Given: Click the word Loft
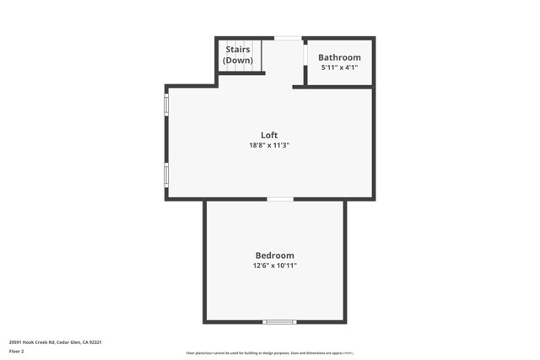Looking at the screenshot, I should click(x=269, y=135).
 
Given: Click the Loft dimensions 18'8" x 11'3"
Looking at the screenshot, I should click(x=269, y=145).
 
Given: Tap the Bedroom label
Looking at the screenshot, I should click(x=275, y=255).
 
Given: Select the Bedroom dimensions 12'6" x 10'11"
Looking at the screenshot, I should click(x=275, y=266).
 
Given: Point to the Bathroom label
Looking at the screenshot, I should click(x=339, y=57).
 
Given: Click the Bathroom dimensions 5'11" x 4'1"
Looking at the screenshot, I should click(x=339, y=67).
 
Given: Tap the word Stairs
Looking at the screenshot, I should click(x=238, y=51).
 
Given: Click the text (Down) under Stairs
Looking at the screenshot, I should click(x=238, y=61).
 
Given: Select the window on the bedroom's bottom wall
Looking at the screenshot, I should click(x=279, y=321).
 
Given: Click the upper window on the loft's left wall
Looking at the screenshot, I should click(x=166, y=105).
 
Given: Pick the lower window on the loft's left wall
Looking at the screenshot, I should click(x=166, y=175).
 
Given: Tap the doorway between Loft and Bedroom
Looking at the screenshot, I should click(x=280, y=199).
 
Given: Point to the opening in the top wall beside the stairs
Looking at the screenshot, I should click(x=288, y=38).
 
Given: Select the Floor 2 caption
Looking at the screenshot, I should click(x=17, y=352).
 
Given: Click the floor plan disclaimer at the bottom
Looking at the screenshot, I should click(x=270, y=353).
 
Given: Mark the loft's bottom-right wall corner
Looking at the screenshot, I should click(x=372, y=198).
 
